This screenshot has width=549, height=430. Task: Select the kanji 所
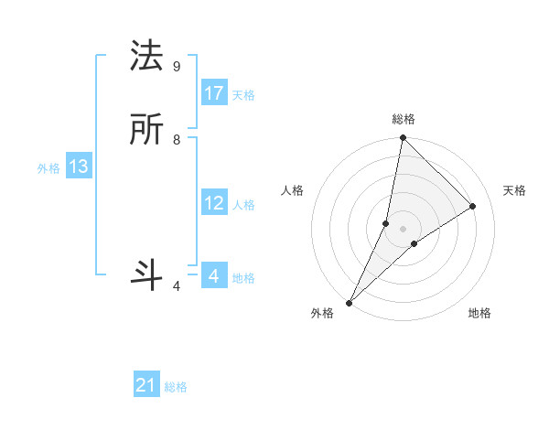pos(148,131)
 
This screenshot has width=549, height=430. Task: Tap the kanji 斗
pos(148,274)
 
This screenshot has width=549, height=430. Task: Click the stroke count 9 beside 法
pos(176,67)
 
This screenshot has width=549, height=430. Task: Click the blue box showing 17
pos(214,93)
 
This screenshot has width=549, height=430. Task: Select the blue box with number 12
pos(214,203)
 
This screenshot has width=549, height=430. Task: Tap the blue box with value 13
pos(79,167)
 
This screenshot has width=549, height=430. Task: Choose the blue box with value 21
pos(146,385)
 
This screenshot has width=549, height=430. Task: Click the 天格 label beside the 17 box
pos(243,95)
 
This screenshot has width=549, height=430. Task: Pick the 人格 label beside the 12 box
pos(243,205)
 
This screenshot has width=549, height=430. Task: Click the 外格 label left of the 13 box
pos(48,168)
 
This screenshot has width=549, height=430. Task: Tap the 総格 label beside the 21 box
pos(176,387)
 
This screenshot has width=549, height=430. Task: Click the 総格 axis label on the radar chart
pos(404,119)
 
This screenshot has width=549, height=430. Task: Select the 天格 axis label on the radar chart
pos(515,190)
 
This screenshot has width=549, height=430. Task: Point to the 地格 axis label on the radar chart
pos(479,314)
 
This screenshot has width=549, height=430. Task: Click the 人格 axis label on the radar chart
pos(292,190)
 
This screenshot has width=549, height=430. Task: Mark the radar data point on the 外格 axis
pos(349,302)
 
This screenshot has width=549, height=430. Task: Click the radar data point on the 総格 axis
pos(403,137)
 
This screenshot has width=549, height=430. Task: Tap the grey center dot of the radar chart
pos(403,228)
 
